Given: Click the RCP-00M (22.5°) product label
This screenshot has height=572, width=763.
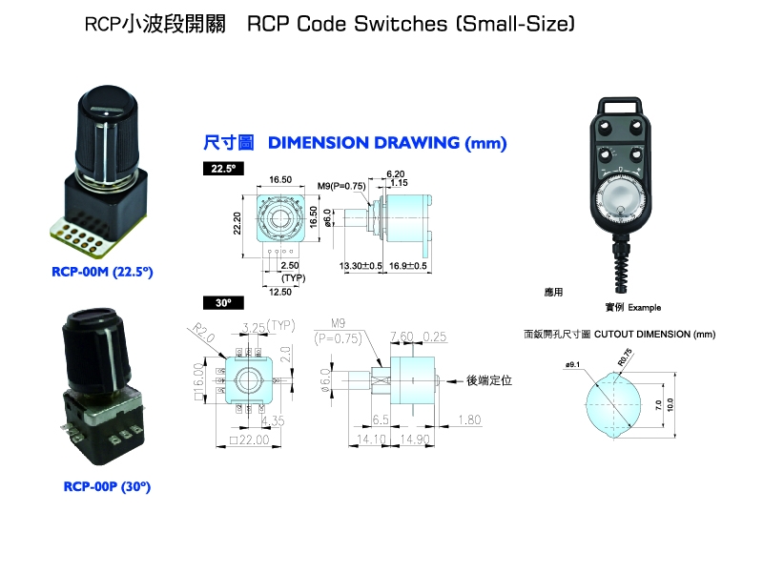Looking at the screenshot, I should pos(102,272).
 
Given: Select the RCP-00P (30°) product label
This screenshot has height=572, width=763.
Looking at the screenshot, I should pos(107,486).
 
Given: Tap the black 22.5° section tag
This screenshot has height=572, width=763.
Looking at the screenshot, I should pos(224,168).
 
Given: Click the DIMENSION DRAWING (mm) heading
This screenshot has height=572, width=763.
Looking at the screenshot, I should pos(387,144).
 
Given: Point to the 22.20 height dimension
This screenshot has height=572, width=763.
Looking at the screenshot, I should pos(238,223).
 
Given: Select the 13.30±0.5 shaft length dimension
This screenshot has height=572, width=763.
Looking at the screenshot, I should pos(361,266).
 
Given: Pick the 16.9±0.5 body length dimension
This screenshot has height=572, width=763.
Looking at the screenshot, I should pos(407,266).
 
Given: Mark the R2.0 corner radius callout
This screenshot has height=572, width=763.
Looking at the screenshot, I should pos(199,332).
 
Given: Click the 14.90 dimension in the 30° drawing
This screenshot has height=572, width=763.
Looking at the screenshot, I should pos(411,439).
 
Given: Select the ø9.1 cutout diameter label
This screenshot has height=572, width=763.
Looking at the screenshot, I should pos(574,364).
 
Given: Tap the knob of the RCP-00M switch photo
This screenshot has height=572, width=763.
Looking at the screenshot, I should pos(105,134).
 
